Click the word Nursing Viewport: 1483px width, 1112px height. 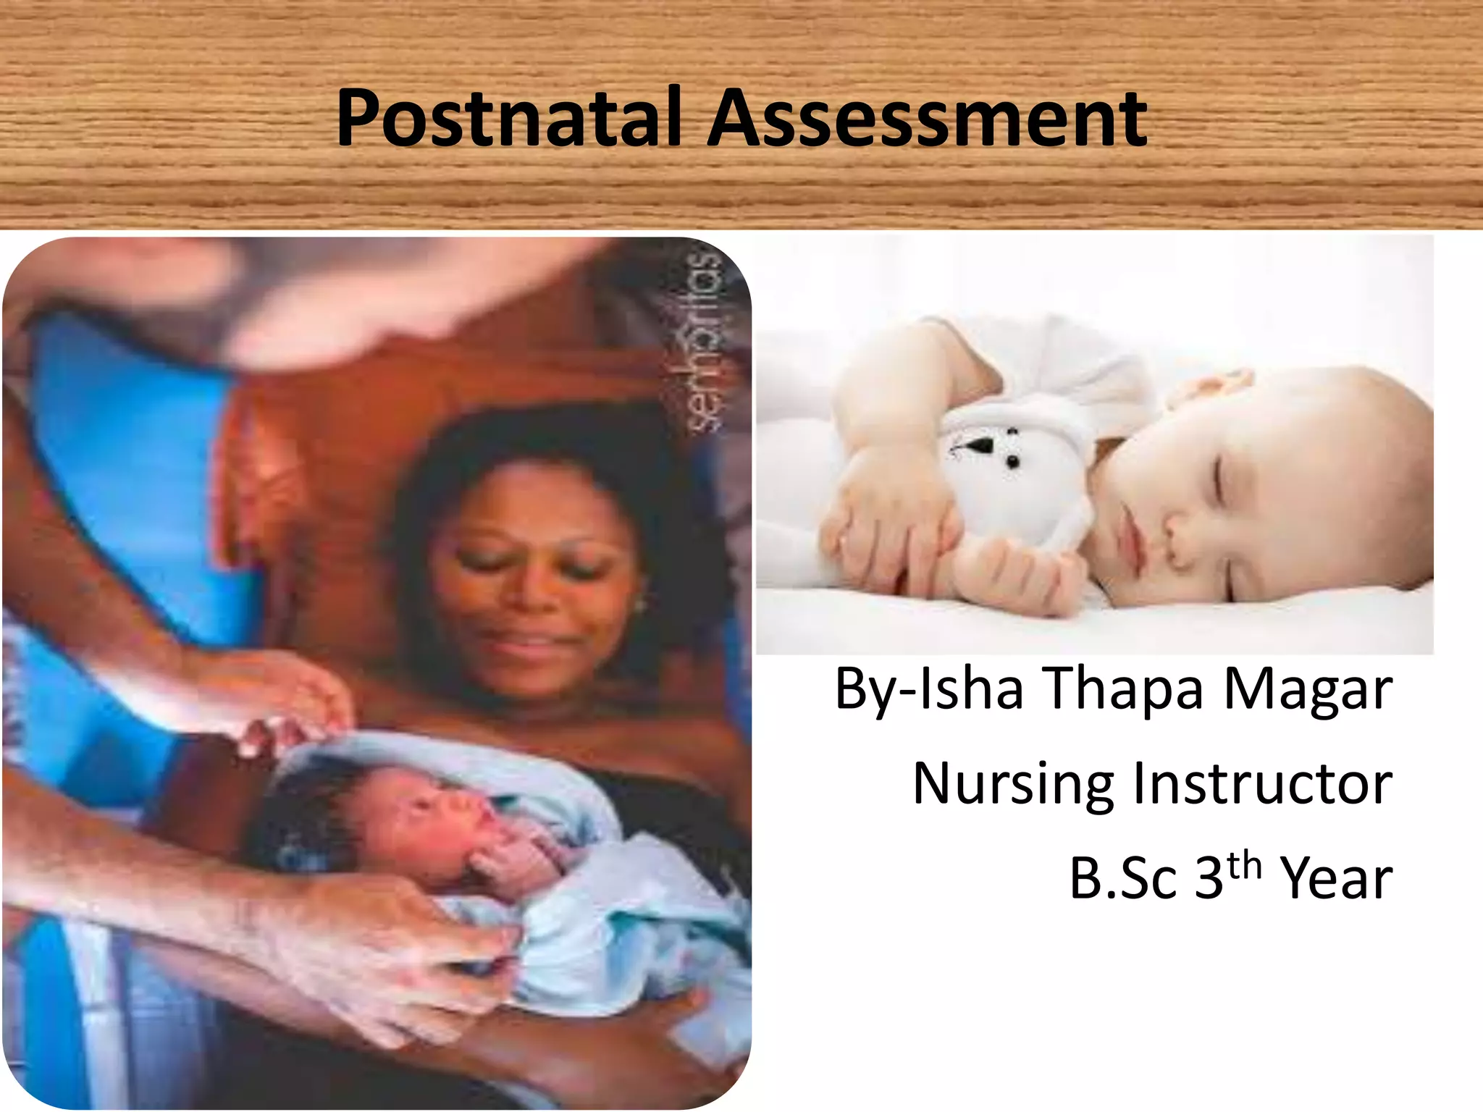(x=1013, y=784)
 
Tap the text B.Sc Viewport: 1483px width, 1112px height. (x=1123, y=878)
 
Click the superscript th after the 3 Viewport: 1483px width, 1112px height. (x=1244, y=865)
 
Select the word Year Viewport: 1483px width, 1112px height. (x=1336, y=878)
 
